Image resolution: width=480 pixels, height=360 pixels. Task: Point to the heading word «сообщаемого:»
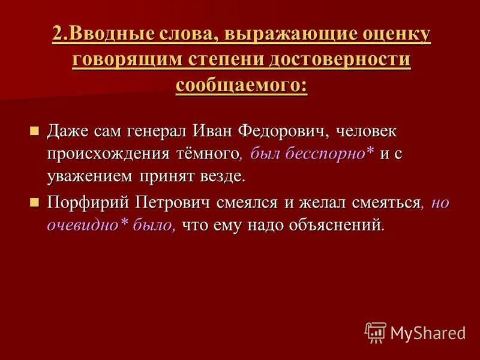(241, 85)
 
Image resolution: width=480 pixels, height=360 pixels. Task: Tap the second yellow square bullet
(34, 203)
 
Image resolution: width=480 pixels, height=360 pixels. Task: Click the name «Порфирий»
(86, 203)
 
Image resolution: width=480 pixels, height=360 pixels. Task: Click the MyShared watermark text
(428, 332)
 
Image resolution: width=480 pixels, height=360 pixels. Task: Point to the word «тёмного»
(209, 153)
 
